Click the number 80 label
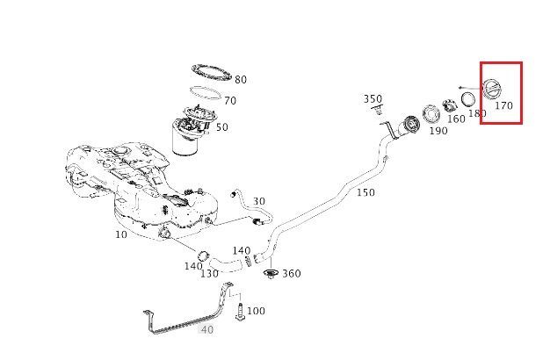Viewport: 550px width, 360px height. pyautogui.click(x=240, y=80)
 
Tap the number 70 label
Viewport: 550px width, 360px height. pyautogui.click(x=230, y=101)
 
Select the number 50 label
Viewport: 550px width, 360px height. pyautogui.click(x=221, y=127)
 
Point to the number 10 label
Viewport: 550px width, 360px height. pyautogui.click(x=120, y=234)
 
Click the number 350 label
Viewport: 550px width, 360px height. pyautogui.click(x=373, y=99)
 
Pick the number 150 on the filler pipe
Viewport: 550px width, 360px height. pyautogui.click(x=365, y=192)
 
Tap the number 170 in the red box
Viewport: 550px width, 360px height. pyautogui.click(x=503, y=106)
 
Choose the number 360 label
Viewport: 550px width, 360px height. pyautogui.click(x=291, y=274)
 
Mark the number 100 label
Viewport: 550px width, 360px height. pyautogui.click(x=255, y=311)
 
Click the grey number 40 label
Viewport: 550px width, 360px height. pyautogui.click(x=207, y=330)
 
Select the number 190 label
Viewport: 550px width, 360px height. pyautogui.click(x=438, y=131)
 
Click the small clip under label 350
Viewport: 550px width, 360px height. pyautogui.click(x=379, y=112)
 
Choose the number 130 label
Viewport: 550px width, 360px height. pyautogui.click(x=209, y=273)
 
